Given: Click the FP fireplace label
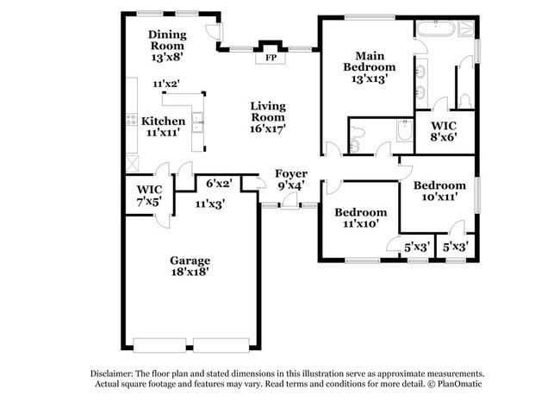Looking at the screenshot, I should click(271, 58).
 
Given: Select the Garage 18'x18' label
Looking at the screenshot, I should click(190, 266).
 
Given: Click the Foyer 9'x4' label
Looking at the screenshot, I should click(290, 179).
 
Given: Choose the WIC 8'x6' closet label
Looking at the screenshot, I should click(444, 130).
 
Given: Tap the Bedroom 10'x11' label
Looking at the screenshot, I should click(439, 191).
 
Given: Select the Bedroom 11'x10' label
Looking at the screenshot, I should click(360, 217).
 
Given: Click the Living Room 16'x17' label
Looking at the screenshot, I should click(268, 116).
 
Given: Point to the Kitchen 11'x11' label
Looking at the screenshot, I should click(163, 128).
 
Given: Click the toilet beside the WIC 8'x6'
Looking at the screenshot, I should click(466, 100).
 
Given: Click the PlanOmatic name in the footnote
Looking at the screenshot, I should click(455, 384).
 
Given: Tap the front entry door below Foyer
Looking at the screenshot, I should click(289, 204).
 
